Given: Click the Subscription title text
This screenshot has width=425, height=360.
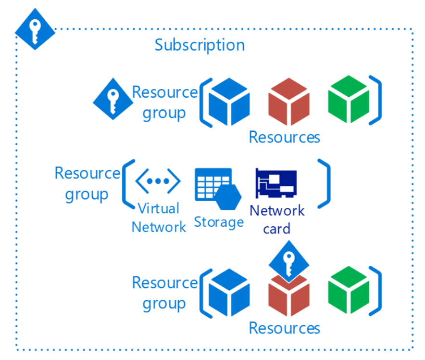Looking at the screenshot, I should click(200, 45).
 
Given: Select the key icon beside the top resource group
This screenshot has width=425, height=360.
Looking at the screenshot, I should click(112, 99).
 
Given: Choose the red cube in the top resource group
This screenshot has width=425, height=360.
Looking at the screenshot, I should click(288, 102).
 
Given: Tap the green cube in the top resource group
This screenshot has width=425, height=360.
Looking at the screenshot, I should click(348, 99).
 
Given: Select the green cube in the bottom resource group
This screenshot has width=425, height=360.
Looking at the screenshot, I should click(348, 290).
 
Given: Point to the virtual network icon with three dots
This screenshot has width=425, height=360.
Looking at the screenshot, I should click(158, 181).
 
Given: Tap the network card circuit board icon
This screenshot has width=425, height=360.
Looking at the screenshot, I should click(276, 183).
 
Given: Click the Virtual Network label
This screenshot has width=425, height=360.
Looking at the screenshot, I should click(159, 217).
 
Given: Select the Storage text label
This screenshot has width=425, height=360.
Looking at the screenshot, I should click(219, 222).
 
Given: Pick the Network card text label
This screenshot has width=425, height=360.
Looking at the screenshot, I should click(277, 219).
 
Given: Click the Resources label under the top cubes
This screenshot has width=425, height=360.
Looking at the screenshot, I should click(284, 137).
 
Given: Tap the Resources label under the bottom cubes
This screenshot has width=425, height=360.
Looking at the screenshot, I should click(284, 328).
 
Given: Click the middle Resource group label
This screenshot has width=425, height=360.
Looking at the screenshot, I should click(87, 183).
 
